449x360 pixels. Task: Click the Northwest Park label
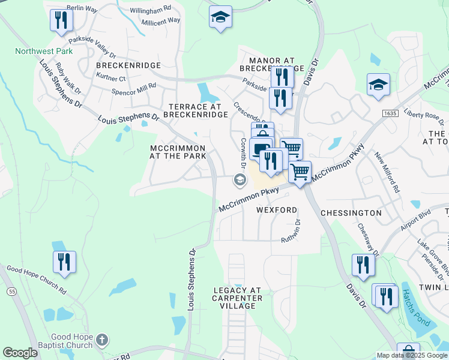[x=44, y=52]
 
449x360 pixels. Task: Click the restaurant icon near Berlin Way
[x=61, y=21]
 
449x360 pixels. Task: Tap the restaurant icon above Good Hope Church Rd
[x=64, y=262]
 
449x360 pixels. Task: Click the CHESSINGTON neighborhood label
[x=351, y=213]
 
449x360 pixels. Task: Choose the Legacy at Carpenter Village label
[x=238, y=298]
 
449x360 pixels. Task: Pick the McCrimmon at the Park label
[x=178, y=152]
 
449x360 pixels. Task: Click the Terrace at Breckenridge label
[x=195, y=110]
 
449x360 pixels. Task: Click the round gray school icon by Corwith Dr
[x=239, y=179]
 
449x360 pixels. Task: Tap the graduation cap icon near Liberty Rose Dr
[x=378, y=85]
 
